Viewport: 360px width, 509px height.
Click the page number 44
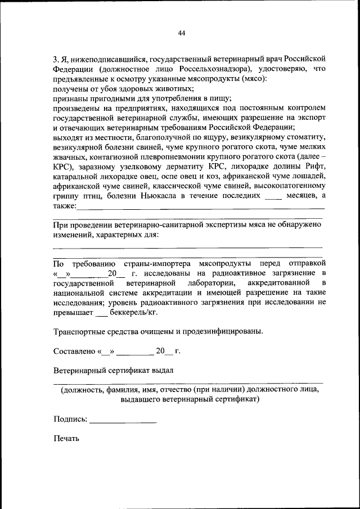click(181, 33)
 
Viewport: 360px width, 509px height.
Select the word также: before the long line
click(65, 206)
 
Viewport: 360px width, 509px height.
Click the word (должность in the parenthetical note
click(82, 390)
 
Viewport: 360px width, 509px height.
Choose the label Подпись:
click(70, 419)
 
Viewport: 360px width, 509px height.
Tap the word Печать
click(67, 438)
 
